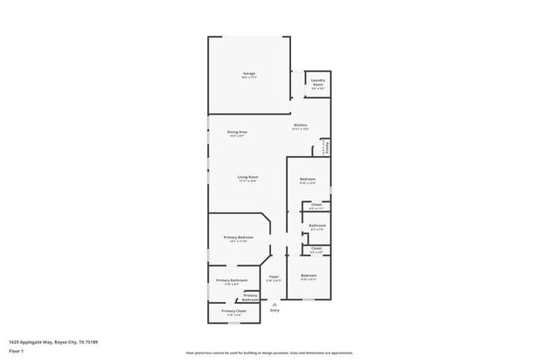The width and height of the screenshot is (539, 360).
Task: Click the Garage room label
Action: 249,75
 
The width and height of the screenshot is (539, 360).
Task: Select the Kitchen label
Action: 300,126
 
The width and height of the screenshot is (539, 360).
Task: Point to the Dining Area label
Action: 237,133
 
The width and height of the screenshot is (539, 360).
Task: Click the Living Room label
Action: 248,178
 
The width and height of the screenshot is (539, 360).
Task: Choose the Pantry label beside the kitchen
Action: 328,147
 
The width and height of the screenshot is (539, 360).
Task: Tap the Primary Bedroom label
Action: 238,238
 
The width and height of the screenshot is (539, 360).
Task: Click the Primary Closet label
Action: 234,312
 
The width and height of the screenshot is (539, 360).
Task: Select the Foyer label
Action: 273,277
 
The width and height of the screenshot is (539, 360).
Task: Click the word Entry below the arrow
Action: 274,310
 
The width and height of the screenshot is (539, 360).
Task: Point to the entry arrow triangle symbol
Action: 274,304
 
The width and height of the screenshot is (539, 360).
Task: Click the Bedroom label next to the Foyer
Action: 308,276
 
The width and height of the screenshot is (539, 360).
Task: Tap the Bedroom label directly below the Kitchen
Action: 308,180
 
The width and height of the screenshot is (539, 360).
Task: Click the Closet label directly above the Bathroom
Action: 316,206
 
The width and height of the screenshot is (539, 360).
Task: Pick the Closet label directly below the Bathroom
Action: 316,249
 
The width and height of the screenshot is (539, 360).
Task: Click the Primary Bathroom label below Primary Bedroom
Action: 232,281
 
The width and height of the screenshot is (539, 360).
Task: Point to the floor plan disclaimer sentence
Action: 269,353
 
